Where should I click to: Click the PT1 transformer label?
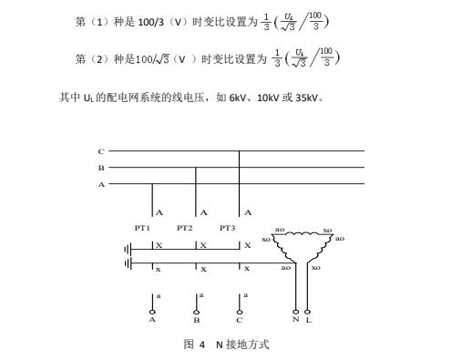142,228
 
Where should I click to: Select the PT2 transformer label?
185,228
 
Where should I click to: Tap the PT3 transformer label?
228,228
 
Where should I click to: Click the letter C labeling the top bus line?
101,151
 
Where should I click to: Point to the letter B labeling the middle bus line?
101,168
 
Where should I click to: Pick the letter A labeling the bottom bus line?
101,184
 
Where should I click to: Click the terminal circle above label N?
295,312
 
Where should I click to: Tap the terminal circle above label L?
307,312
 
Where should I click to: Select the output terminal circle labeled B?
196,313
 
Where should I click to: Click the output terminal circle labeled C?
240,313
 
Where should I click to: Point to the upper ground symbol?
128,250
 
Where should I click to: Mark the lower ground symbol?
128,263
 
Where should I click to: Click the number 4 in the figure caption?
202,345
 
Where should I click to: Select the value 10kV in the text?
268,98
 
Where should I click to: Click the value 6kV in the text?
238,98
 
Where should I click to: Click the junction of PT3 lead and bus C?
240,150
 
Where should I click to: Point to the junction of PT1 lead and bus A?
152,184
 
